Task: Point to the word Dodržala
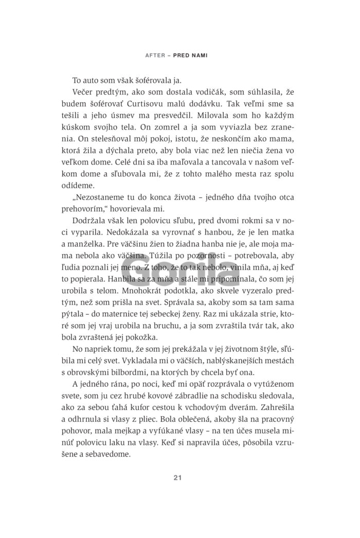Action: click(89, 223)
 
